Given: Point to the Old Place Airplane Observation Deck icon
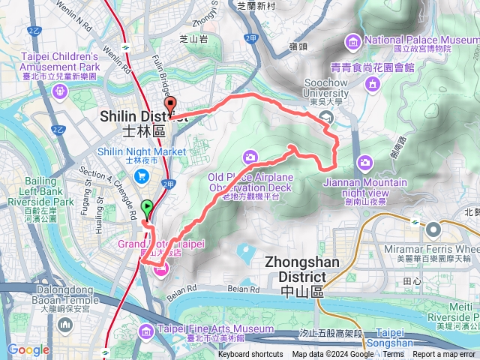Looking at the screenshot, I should click(x=250, y=157).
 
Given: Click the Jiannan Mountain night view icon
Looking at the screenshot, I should click(x=364, y=162).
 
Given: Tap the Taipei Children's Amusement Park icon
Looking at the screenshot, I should click(x=60, y=91).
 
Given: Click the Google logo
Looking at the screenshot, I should click(x=28, y=349).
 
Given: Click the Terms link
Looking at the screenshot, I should click(x=394, y=355).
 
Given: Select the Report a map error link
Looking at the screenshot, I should click(x=445, y=355).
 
